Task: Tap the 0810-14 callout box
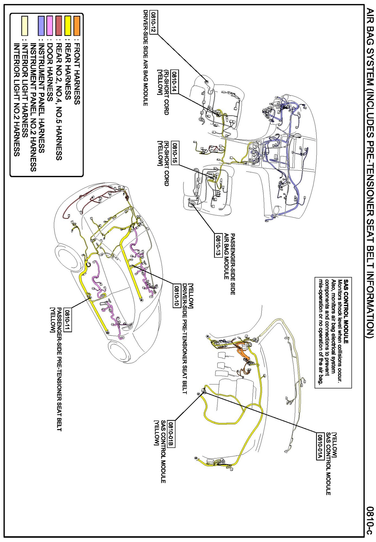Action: click(175, 81)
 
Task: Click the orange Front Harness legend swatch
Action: click(77, 26)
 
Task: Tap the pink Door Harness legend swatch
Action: click(49, 26)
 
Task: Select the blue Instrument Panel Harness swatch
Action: click(41, 26)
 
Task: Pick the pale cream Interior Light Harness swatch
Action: click(25, 26)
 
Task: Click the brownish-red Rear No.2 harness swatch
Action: click(59, 26)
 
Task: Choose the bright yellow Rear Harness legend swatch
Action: click(68, 26)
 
